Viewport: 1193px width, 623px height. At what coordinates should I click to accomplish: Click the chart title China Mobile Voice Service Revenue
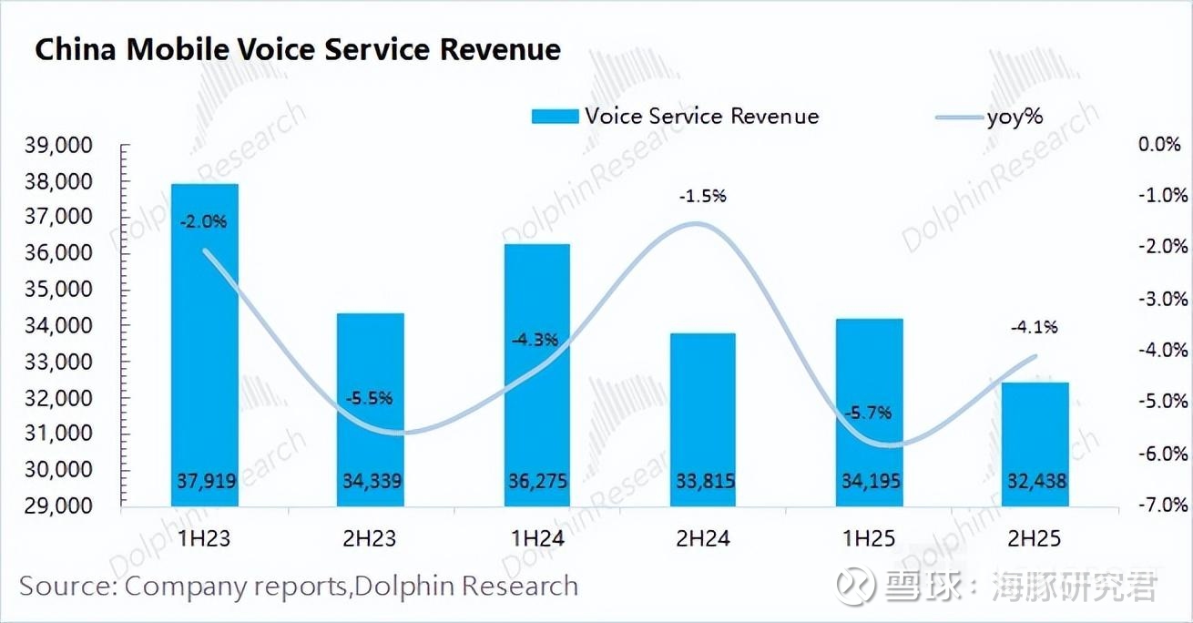pyautogui.click(x=298, y=49)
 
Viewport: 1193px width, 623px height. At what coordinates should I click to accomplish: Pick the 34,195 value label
pyautogui.click(x=870, y=480)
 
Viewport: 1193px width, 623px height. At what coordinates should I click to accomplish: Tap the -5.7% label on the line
pyautogui.click(x=867, y=412)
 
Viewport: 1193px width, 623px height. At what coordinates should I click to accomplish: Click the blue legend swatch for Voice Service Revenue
pyautogui.click(x=554, y=117)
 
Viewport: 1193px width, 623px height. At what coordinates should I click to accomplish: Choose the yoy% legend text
pyautogui.click(x=1015, y=117)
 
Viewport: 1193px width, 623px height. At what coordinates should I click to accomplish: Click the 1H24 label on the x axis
pyautogui.click(x=538, y=539)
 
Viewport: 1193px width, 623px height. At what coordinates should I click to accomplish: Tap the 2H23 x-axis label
pyautogui.click(x=372, y=539)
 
